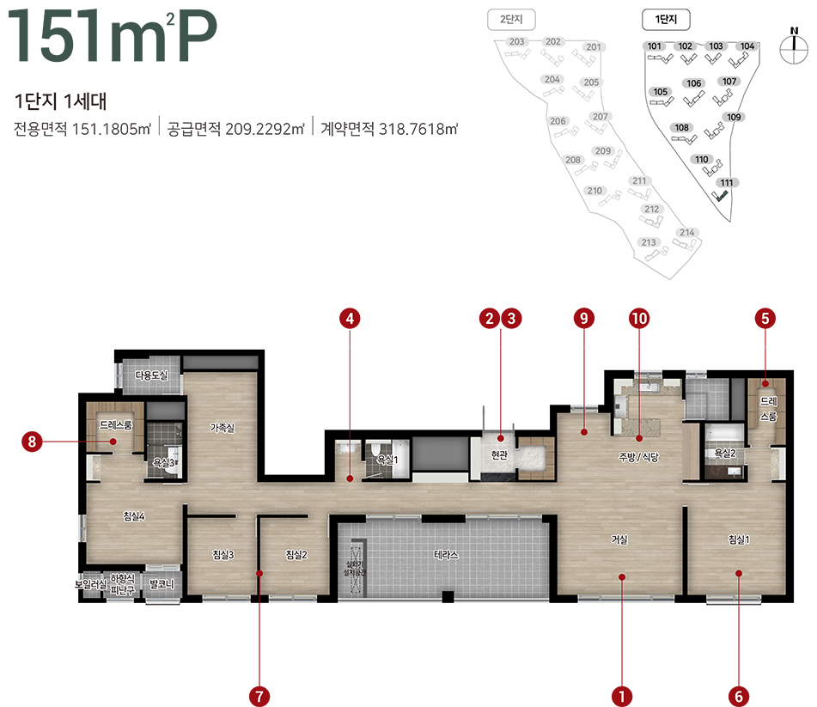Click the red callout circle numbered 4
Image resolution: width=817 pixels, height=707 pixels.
(349, 319)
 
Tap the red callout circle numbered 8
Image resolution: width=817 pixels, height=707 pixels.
(32, 442)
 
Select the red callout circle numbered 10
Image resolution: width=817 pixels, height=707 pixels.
(638, 319)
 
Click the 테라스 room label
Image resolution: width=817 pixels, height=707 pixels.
(446, 555)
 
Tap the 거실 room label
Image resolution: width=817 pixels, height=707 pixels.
(619, 540)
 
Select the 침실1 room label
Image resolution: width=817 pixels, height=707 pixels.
(739, 539)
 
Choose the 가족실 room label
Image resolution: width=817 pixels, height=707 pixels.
(223, 427)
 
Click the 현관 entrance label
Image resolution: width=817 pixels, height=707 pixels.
(500, 454)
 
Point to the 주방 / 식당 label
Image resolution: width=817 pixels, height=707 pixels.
(637, 458)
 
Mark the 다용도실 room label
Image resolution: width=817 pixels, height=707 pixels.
(151, 375)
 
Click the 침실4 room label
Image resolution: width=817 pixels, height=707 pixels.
(133, 516)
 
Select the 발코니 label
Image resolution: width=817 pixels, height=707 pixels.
(162, 584)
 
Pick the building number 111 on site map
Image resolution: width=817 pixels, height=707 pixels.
(727, 182)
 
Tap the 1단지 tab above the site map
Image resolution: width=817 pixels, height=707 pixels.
(667, 18)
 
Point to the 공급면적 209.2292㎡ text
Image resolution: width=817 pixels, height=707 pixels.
(236, 130)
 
